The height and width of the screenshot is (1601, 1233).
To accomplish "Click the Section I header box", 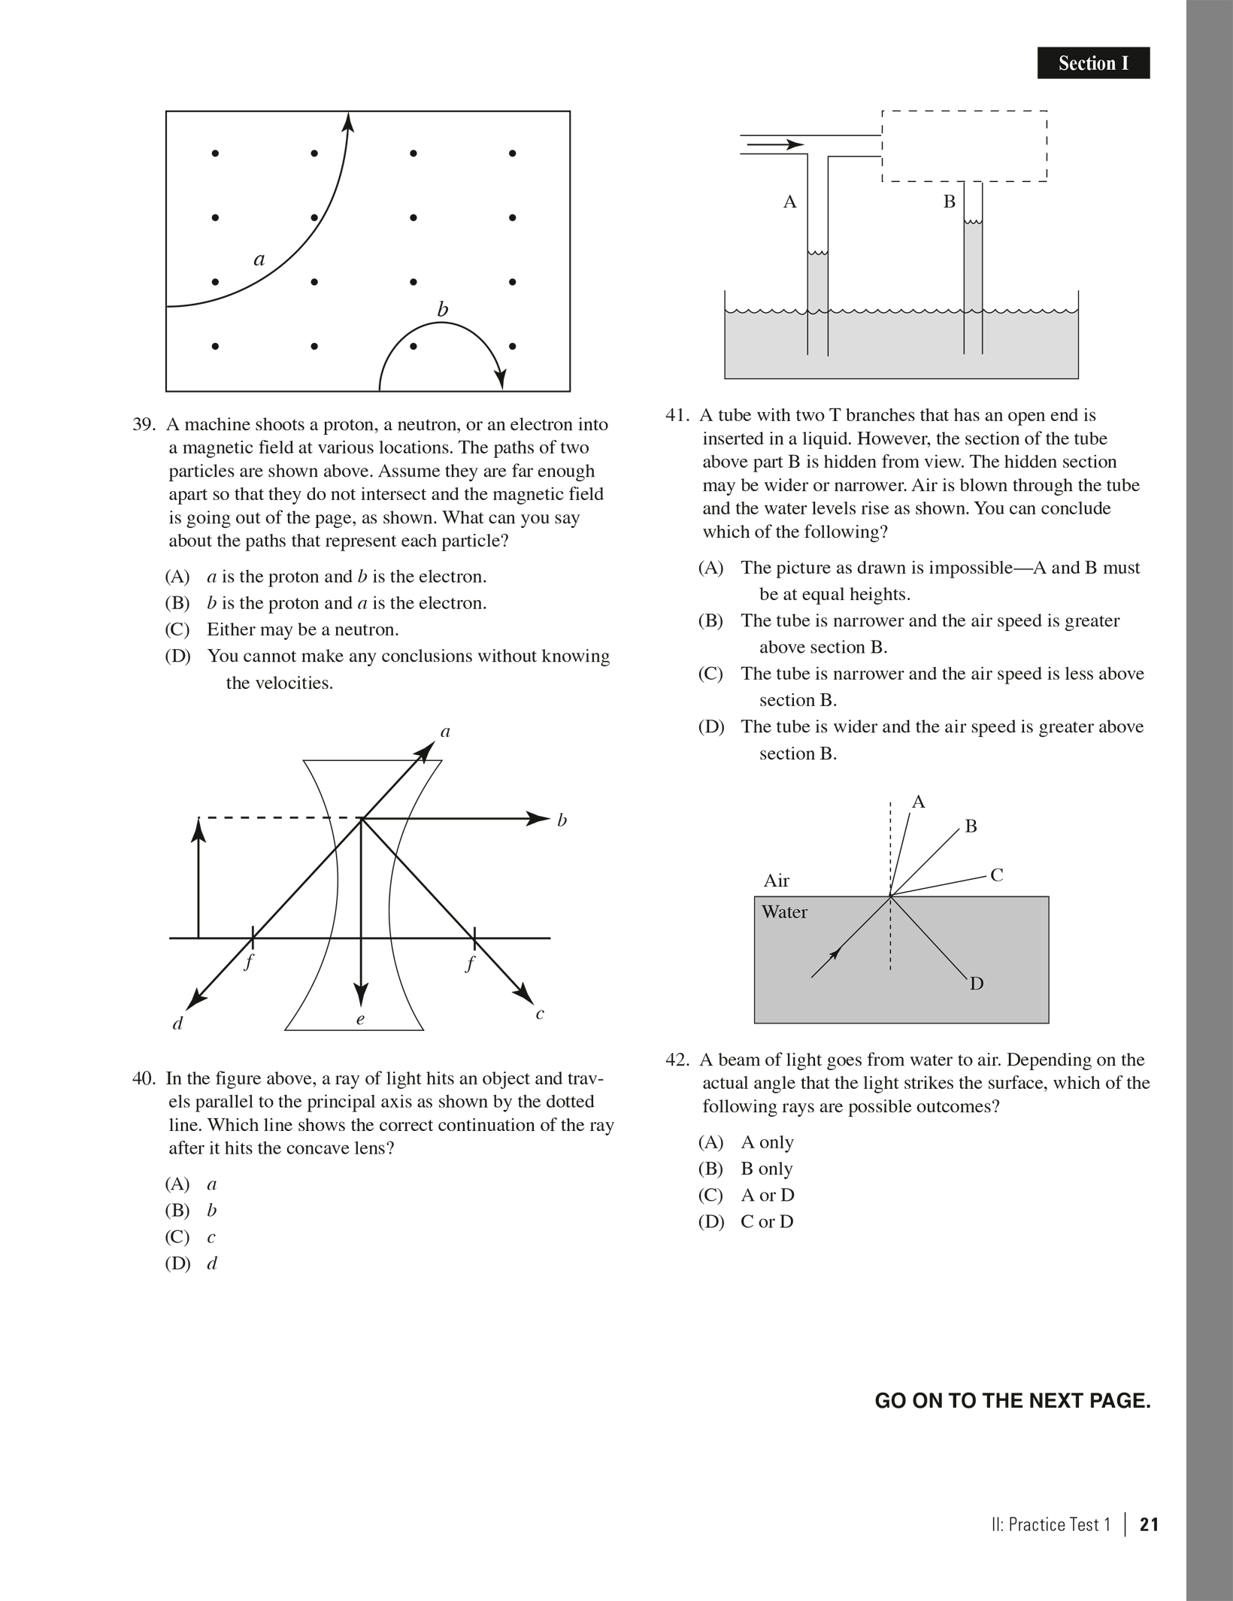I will [x=1093, y=63].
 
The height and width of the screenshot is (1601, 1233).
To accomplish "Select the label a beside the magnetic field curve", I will [x=259, y=260].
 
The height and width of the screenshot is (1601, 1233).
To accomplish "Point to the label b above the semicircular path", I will [x=443, y=309].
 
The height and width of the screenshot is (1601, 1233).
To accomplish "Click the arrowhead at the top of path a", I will [x=348, y=121].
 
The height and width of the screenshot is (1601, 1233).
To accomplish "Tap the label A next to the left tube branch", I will [x=789, y=202].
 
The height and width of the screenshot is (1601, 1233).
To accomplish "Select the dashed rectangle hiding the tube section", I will [x=964, y=146].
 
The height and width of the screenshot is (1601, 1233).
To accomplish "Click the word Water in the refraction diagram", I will [x=784, y=912].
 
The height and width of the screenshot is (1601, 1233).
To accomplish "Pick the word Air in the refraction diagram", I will [x=777, y=881].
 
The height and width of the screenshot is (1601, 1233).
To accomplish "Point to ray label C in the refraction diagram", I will [x=997, y=875].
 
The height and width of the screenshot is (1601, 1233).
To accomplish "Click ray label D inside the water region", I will [x=977, y=984].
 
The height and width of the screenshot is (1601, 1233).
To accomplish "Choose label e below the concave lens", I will [x=360, y=1020].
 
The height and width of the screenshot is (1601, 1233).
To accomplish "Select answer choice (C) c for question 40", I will [x=190, y=1237].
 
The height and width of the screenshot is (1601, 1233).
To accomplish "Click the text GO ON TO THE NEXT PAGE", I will [x=1013, y=1401].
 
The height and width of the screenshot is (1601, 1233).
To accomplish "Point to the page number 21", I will [x=1149, y=1524].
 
